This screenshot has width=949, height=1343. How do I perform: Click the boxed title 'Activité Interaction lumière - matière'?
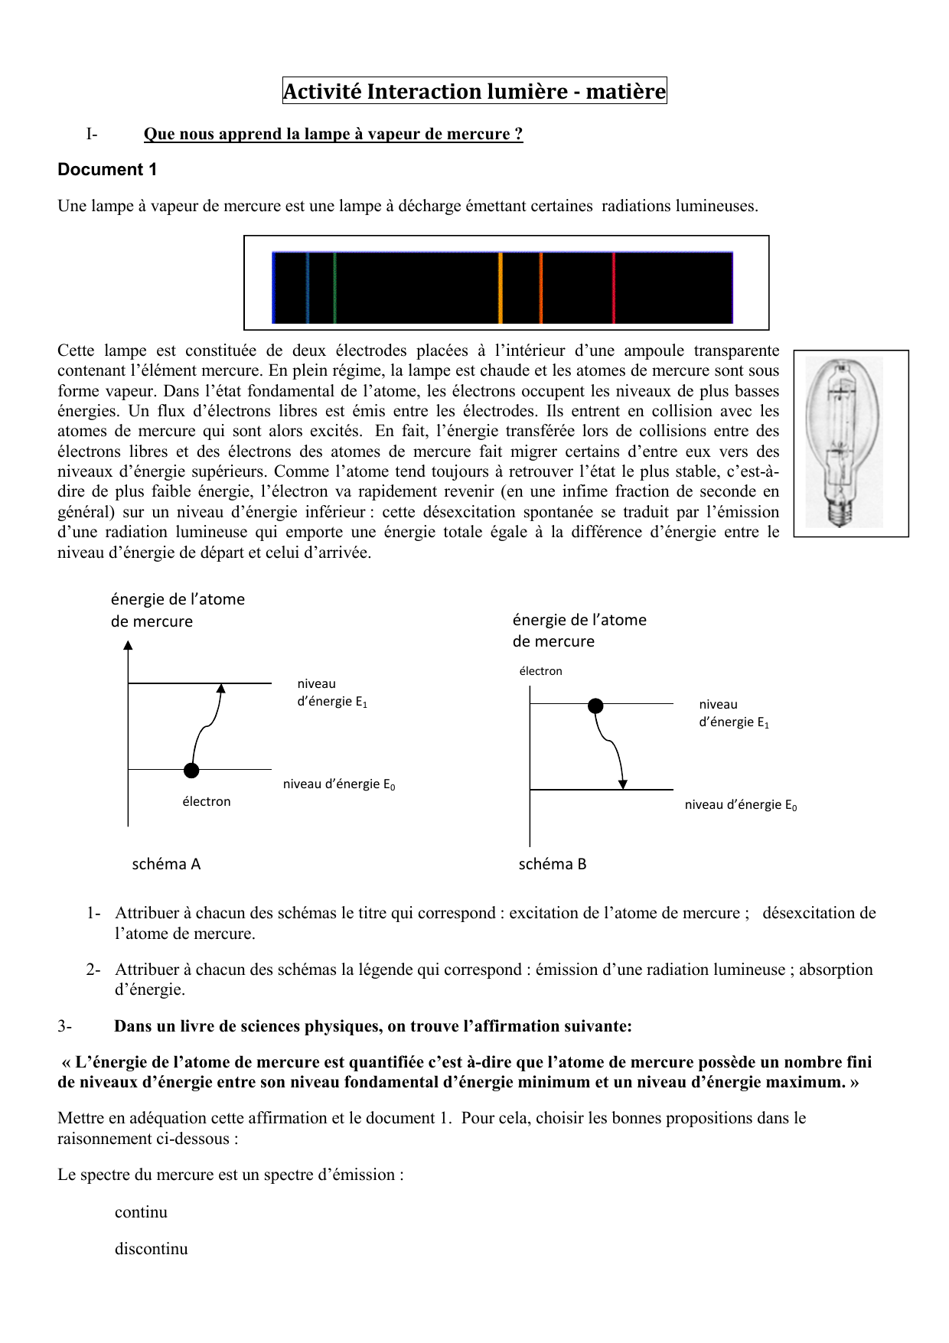tap(475, 91)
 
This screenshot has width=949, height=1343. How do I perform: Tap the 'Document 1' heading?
tap(107, 170)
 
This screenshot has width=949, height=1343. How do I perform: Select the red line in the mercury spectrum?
tap(614, 288)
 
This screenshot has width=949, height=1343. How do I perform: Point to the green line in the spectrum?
tap(334, 288)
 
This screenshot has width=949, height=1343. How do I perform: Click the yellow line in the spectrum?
tap(501, 288)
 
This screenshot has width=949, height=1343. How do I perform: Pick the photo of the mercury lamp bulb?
tap(850, 442)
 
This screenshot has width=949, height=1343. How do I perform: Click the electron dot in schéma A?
tap(191, 770)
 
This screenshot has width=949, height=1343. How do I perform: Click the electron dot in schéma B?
tap(595, 706)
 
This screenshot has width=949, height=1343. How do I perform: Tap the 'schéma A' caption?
tap(166, 864)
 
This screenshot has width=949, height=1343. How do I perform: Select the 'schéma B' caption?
tap(553, 864)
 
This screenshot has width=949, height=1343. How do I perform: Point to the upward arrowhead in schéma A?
tap(221, 688)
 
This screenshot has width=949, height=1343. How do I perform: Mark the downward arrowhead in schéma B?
tap(623, 784)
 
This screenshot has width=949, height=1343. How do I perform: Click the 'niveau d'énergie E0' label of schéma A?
tap(339, 784)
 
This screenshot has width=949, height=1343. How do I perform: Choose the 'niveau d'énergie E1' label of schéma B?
tap(734, 713)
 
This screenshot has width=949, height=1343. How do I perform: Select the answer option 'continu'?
tap(141, 1212)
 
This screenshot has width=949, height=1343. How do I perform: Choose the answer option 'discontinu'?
tap(151, 1249)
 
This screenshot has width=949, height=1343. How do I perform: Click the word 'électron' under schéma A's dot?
tap(206, 801)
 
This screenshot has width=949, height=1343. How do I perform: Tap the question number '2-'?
tap(93, 970)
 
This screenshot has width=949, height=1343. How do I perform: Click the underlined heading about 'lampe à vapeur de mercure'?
tap(333, 134)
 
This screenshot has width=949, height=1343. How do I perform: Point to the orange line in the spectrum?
tap(540, 288)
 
